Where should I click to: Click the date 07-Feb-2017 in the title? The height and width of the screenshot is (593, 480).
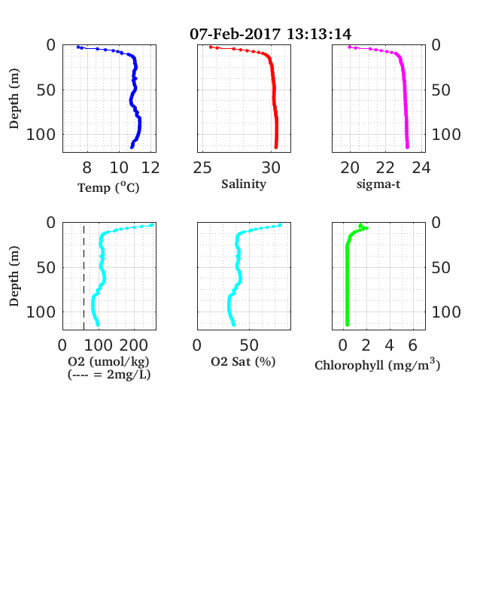(235, 34)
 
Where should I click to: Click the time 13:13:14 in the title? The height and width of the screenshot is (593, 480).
(319, 34)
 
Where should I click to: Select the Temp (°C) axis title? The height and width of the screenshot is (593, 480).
(108, 187)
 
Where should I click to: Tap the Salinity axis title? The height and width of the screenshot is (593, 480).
(244, 184)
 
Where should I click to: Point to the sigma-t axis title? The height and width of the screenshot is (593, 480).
(378, 184)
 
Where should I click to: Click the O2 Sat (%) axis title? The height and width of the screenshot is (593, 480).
(243, 362)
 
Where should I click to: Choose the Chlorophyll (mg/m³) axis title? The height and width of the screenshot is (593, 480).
(378, 364)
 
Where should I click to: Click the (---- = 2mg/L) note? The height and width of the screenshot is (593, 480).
(109, 375)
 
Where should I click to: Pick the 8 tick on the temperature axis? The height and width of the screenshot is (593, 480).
(87, 168)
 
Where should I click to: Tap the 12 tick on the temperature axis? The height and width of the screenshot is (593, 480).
(150, 168)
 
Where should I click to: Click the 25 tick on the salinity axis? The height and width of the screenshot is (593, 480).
(202, 168)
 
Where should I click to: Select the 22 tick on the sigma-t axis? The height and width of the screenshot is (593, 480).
(385, 168)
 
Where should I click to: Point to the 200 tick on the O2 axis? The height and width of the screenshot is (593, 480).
(134, 345)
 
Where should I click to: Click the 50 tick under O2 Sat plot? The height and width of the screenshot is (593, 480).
(249, 345)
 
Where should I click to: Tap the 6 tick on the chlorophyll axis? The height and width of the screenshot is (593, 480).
(413, 345)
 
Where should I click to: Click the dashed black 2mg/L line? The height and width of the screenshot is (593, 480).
(84, 276)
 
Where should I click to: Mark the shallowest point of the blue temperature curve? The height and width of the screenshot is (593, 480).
(78, 47)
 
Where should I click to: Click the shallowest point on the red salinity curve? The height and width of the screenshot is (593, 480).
(211, 47)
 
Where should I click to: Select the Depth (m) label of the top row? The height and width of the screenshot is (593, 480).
(14, 99)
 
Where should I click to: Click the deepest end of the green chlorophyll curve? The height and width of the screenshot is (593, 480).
(347, 324)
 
